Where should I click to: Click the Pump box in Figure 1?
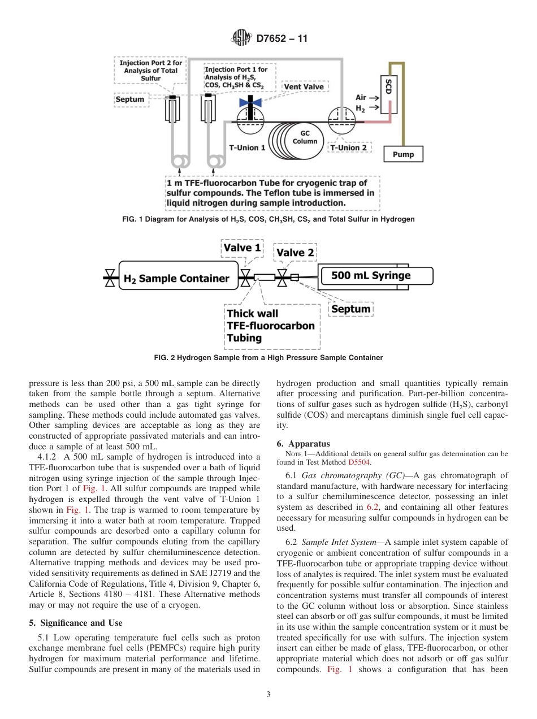coord(403,154)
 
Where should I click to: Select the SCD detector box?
coord(388,88)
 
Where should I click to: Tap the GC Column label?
coord(305,137)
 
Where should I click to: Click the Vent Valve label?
coord(304,87)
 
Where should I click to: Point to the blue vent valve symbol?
coord(249,102)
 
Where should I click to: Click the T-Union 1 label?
coord(247,148)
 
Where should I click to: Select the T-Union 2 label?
coord(348,148)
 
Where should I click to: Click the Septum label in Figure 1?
coord(130,99)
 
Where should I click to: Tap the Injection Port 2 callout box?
coord(150,71)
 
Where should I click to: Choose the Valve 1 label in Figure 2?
coord(242,248)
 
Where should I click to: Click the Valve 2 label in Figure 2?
coord(295,252)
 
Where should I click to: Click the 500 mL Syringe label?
coord(371,276)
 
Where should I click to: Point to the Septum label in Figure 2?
coord(350,309)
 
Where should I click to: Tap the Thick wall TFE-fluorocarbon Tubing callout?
coord(270,326)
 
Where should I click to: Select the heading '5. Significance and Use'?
coord(75,623)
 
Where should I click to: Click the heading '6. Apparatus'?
coord(303,444)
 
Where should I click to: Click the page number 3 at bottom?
coord(268,695)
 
